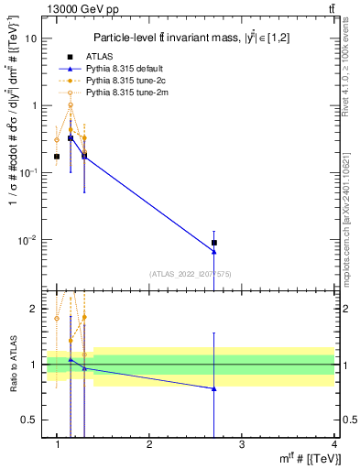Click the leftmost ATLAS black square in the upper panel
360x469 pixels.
(x=57, y=157)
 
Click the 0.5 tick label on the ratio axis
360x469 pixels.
(x=29, y=420)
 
